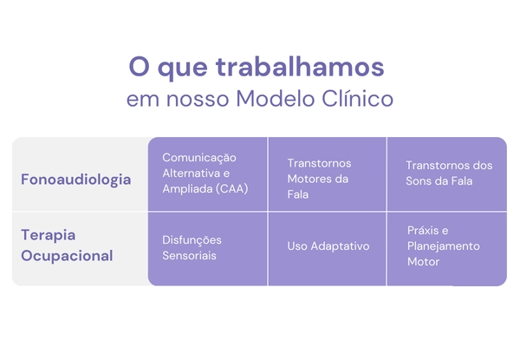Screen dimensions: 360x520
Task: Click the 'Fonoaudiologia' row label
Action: [76, 180]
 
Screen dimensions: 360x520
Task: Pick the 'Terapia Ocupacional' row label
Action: [67, 245]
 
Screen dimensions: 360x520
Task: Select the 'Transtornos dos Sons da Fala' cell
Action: [448, 173]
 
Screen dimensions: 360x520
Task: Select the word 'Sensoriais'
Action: [189, 256]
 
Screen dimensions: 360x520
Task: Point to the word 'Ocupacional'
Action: [67, 256]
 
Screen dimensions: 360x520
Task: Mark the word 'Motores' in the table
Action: [309, 179]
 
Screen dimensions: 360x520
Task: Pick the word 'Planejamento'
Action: [443, 246]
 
